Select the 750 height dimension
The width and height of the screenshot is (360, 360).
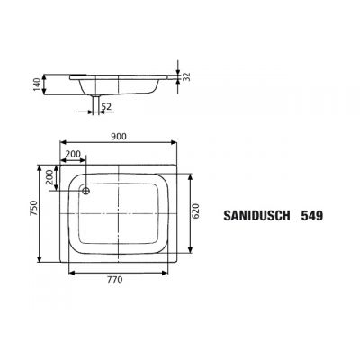[x=32, y=213]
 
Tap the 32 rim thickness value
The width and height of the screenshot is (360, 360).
[x=185, y=78]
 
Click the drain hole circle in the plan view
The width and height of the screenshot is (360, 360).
[x=86, y=190]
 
